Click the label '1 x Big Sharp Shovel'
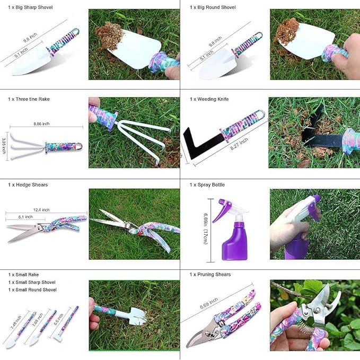pos(30,7)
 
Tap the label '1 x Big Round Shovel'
pos(213,7)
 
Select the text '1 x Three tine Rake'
pos(29,99)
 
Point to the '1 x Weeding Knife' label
pos(209,99)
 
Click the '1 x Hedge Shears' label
pos(28,185)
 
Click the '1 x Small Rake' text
pos(23,275)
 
